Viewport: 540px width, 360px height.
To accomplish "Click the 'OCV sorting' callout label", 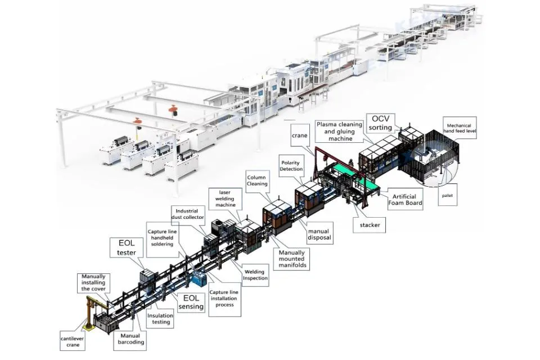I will tap(381, 123).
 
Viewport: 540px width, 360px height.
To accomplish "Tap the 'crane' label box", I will tap(300, 136).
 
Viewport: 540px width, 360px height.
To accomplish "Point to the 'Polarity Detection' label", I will tap(291, 165).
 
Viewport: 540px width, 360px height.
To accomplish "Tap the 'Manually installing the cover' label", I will tap(97, 283).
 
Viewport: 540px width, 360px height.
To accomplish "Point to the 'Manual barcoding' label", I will tap(132, 339).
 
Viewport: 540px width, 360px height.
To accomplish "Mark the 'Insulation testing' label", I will tap(160, 319).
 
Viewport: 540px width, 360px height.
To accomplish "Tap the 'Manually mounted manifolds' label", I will tap(293, 259).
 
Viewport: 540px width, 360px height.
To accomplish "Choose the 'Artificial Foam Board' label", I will tap(405, 200).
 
